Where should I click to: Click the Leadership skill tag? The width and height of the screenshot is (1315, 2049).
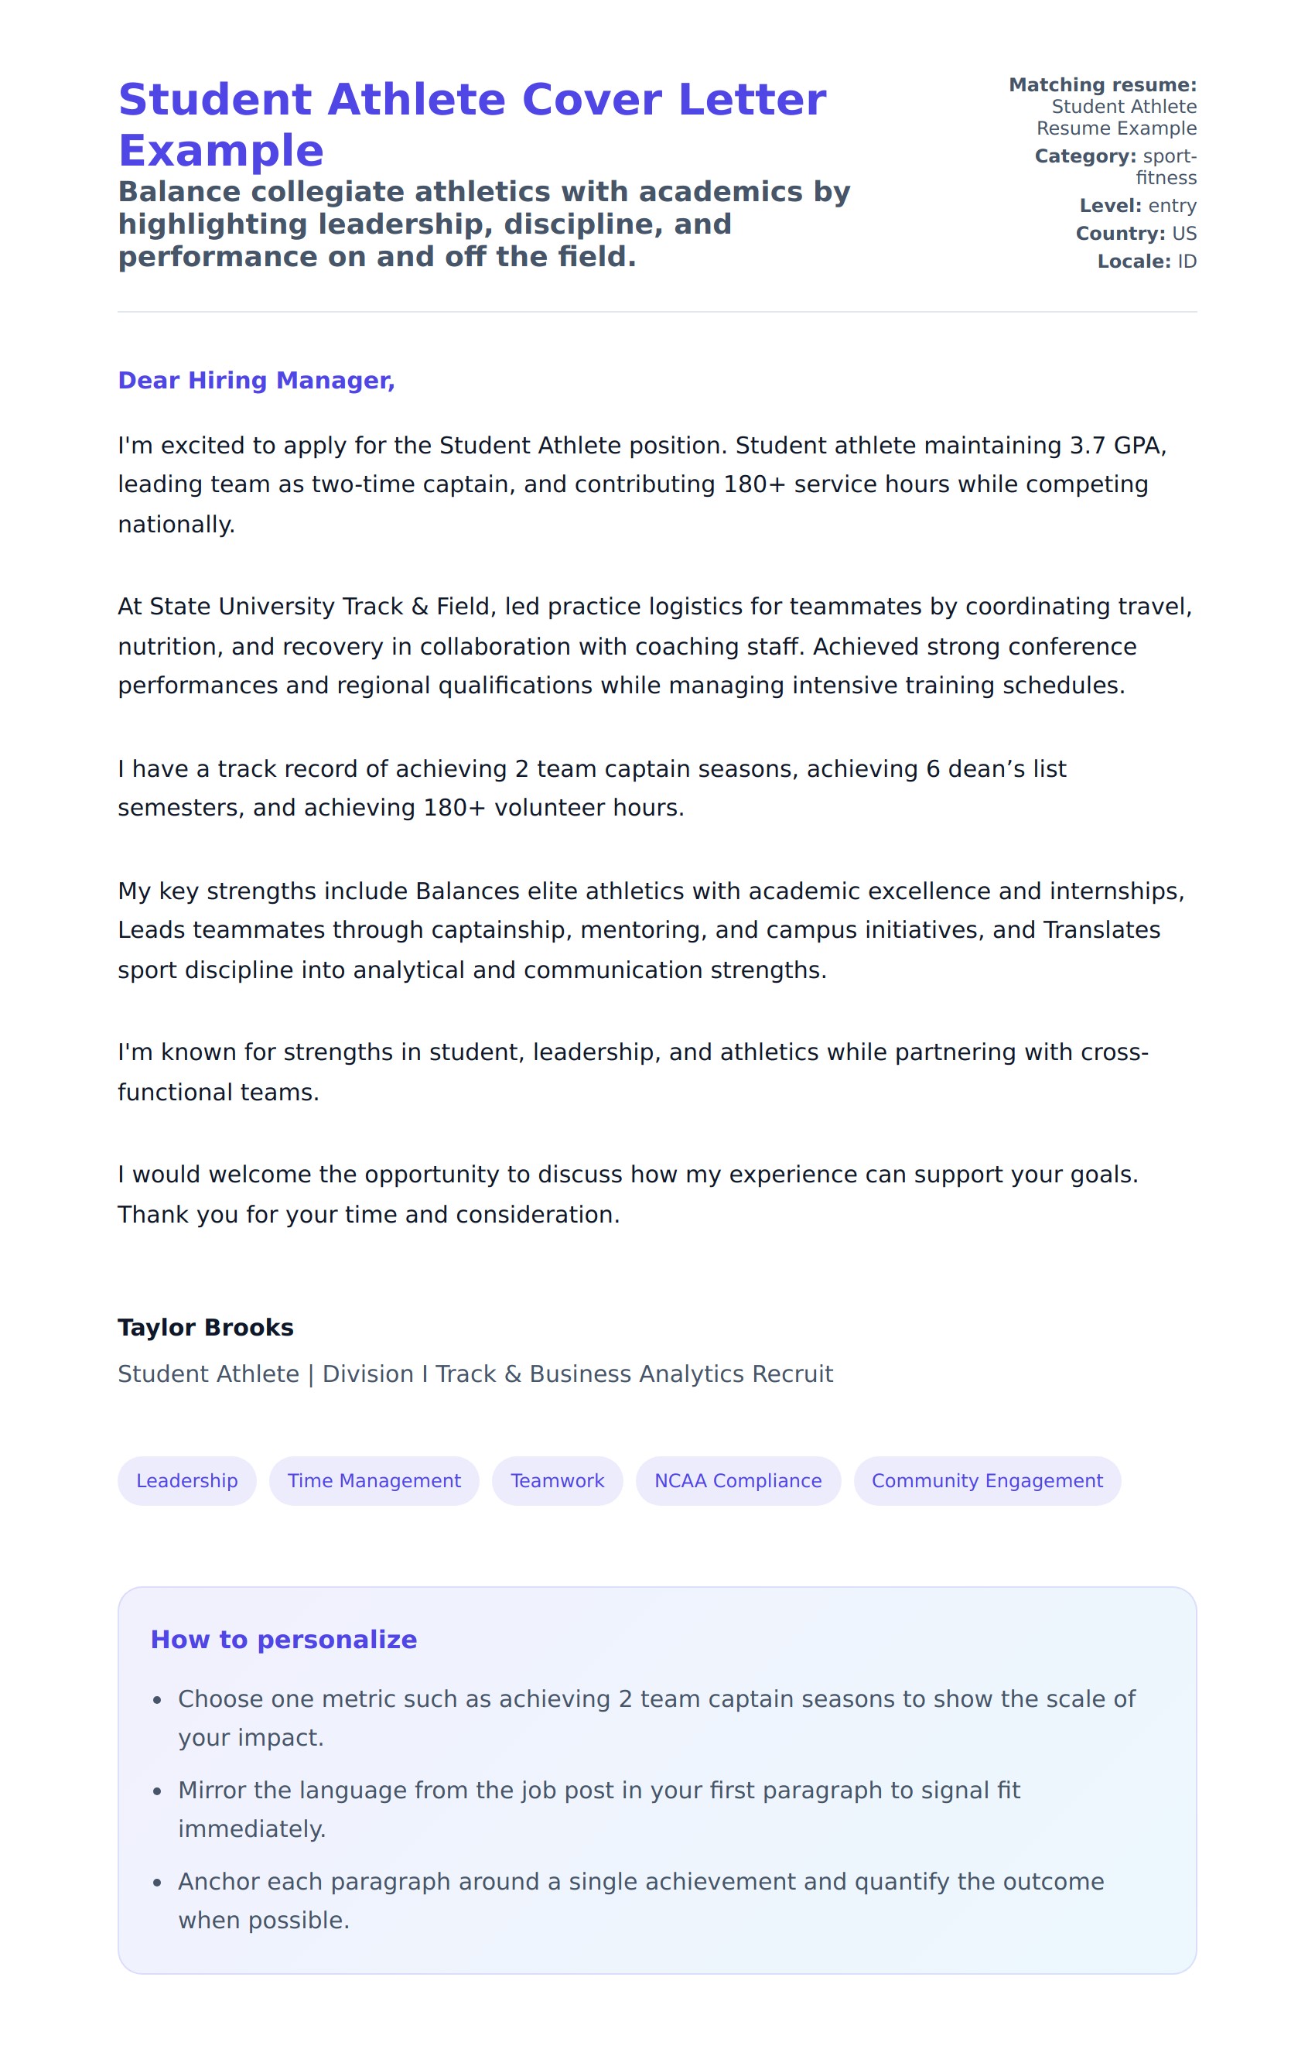(x=186, y=1480)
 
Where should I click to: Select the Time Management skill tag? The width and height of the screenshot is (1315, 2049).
(x=374, y=1480)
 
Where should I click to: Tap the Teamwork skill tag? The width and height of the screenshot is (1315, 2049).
(x=557, y=1480)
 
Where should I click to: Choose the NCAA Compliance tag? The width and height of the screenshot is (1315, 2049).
(x=738, y=1480)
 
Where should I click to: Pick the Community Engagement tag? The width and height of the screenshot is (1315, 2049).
(x=986, y=1480)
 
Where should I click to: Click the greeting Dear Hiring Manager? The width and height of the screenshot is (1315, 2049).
(x=256, y=380)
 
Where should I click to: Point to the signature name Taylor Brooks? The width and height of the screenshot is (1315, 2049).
(x=206, y=1327)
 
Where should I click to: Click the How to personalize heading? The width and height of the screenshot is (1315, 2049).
(x=283, y=1639)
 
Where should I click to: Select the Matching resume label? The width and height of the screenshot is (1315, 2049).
(x=1102, y=84)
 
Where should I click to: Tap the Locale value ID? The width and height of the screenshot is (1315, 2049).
(x=1187, y=262)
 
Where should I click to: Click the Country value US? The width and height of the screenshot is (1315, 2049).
(x=1183, y=233)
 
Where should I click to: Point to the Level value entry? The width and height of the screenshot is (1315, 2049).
(x=1172, y=206)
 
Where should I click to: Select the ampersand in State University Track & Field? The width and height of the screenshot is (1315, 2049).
(x=419, y=607)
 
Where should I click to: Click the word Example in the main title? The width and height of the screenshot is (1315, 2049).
(x=221, y=151)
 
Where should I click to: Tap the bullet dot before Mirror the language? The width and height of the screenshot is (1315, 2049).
(x=157, y=1791)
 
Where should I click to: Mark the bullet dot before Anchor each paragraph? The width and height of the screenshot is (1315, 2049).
(x=157, y=1883)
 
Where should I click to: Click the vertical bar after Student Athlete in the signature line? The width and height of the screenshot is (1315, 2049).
(x=311, y=1374)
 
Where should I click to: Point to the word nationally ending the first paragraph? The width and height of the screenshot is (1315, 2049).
(x=175, y=525)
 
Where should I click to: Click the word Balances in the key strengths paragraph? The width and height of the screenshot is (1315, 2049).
(x=467, y=891)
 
